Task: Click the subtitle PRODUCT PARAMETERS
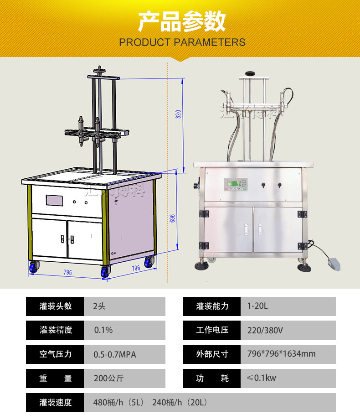point(182,42)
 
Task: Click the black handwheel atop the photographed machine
point(250,73)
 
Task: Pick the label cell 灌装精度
point(55,330)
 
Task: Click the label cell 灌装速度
point(55,402)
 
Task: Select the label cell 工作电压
point(212,330)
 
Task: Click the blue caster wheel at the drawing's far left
point(34,268)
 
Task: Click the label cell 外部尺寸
point(212,354)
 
